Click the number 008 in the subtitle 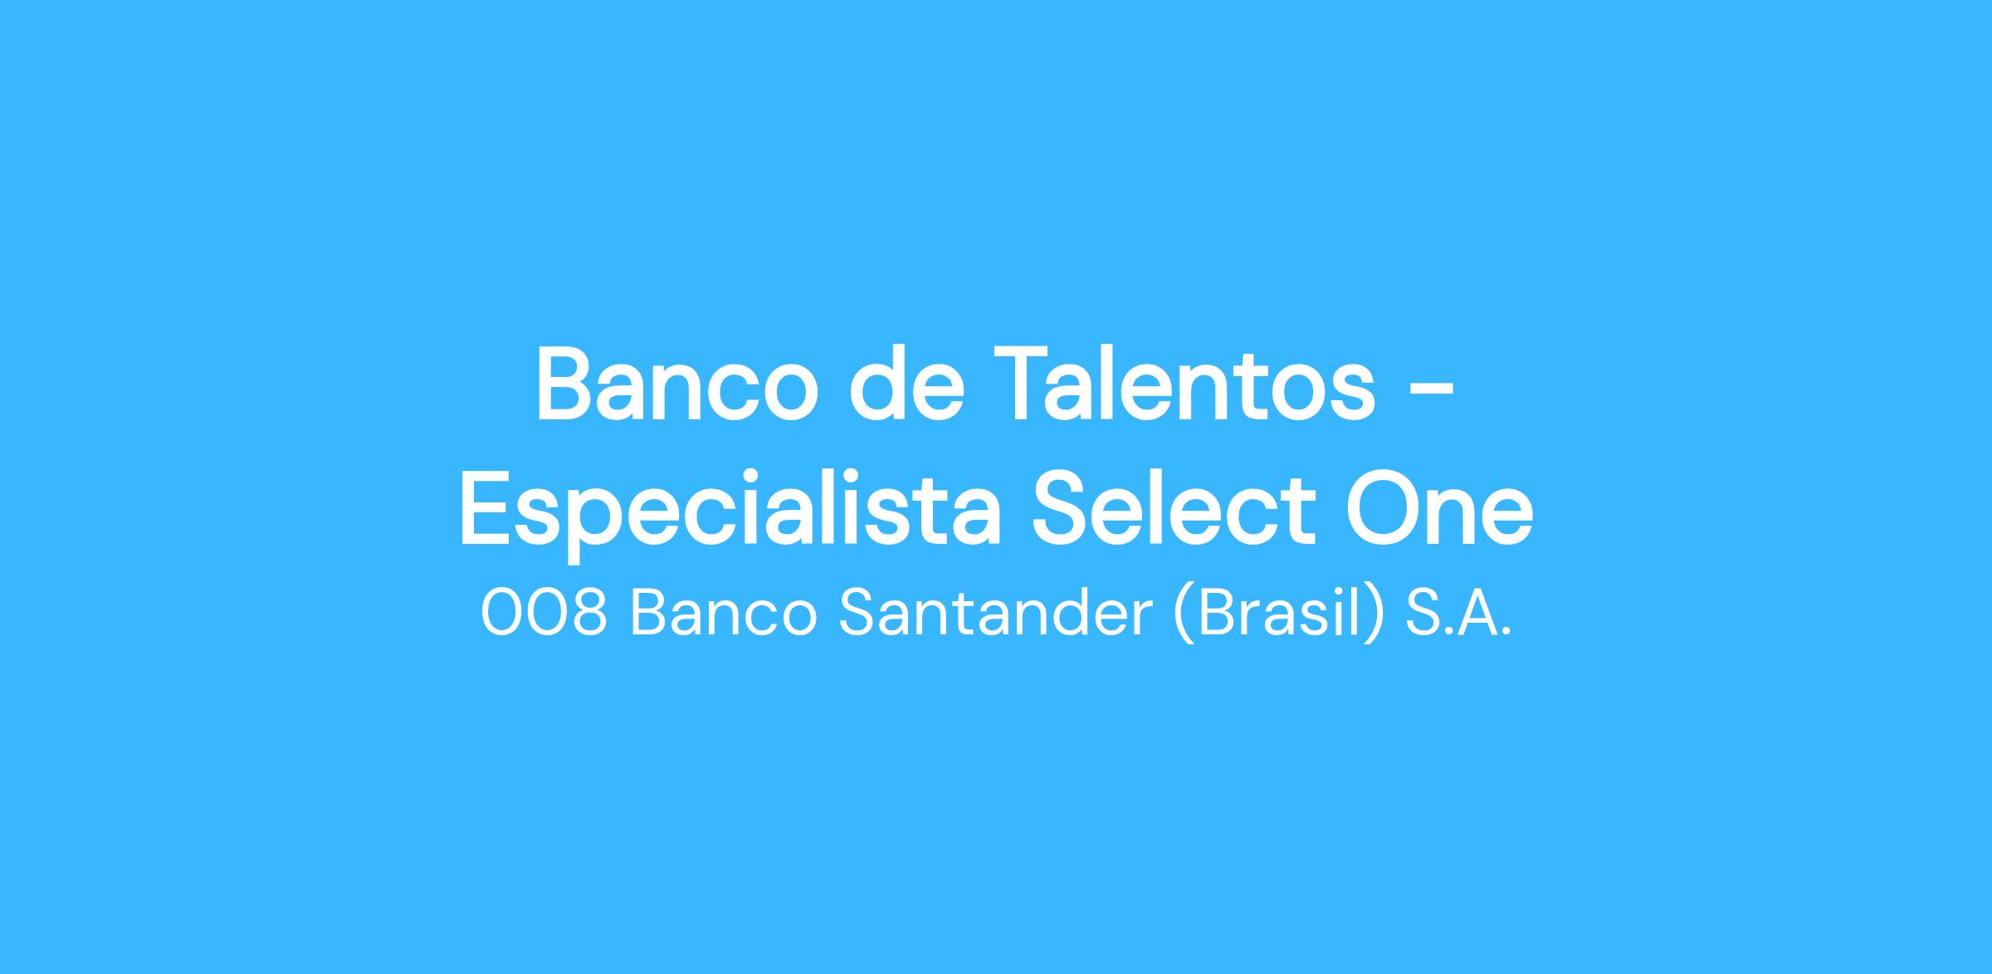544,614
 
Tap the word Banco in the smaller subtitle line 724,614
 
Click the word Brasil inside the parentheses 1279,614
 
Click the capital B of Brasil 1213,614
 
